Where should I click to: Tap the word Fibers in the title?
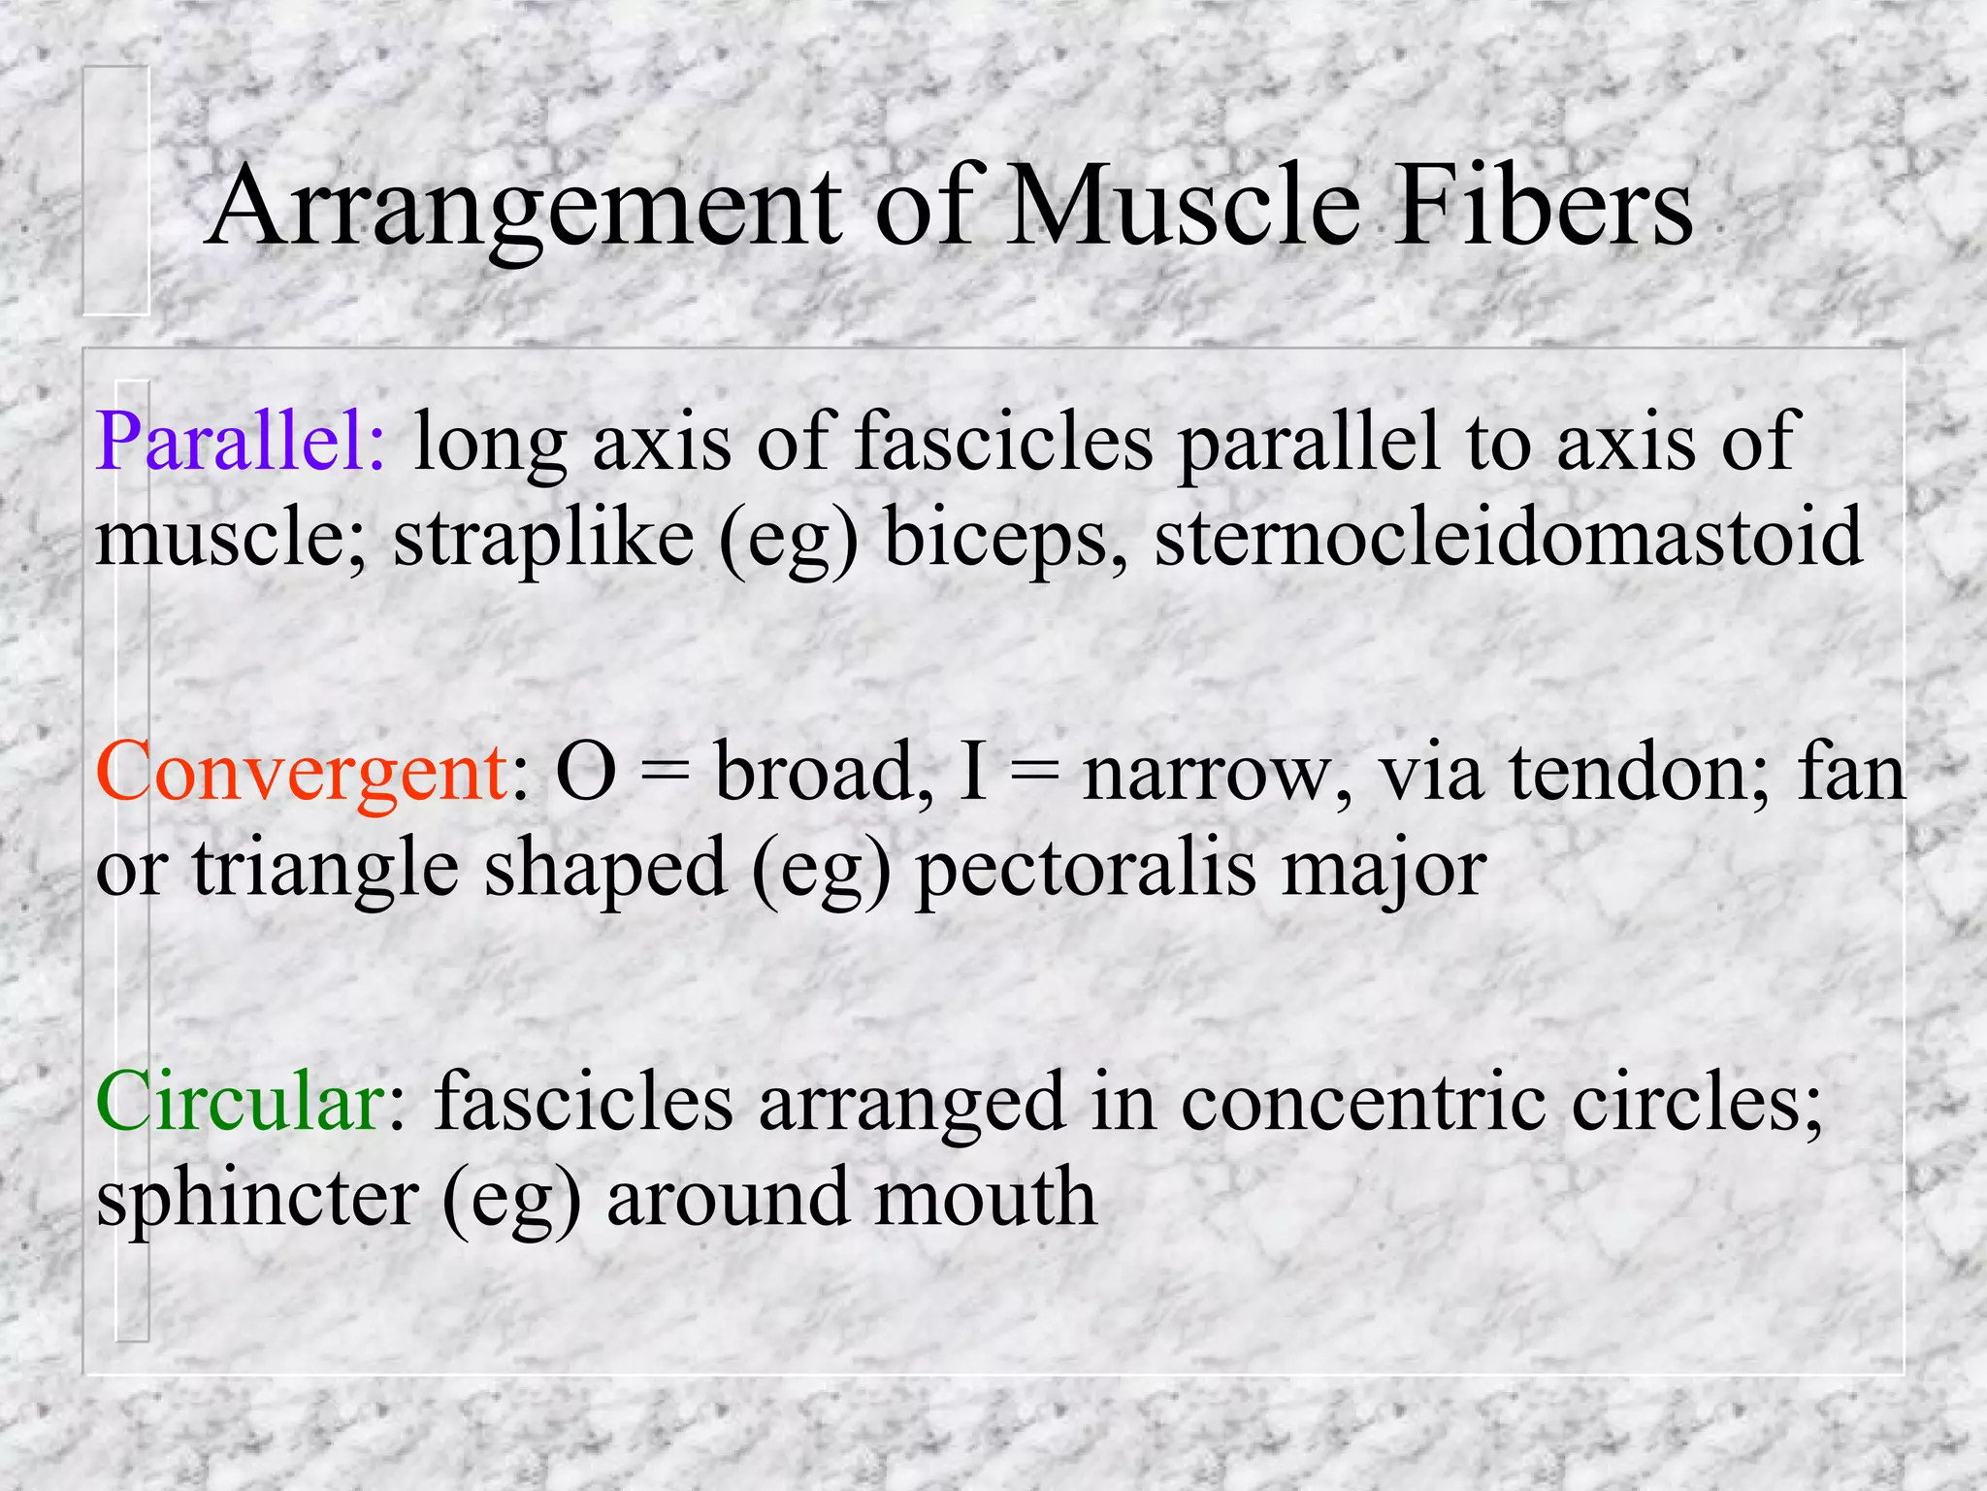point(1543,206)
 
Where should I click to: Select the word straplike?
point(543,540)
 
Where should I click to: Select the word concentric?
point(1362,1103)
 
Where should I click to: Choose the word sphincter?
point(258,1199)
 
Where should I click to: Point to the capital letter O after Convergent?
point(586,773)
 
